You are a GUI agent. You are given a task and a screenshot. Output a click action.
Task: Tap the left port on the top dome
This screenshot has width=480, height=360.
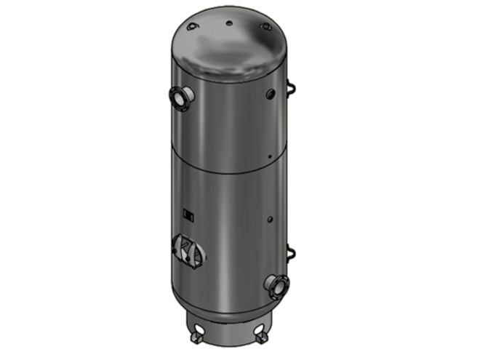pyautogui.click(x=192, y=27)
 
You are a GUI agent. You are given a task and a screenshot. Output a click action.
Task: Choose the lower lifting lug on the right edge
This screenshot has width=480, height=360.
pyautogui.click(x=294, y=253)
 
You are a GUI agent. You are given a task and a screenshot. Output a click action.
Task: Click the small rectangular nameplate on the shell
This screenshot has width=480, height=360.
pyautogui.click(x=188, y=214)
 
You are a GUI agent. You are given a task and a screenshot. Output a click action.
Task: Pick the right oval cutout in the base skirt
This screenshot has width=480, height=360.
pyautogui.click(x=251, y=324)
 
